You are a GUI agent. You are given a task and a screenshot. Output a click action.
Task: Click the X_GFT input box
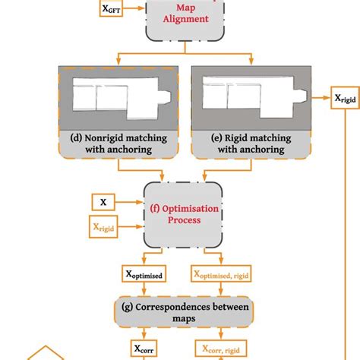(x=112, y=10)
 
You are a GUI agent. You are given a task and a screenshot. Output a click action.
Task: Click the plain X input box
(x=104, y=202)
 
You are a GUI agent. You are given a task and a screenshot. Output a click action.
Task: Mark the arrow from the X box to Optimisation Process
(x=133, y=202)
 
